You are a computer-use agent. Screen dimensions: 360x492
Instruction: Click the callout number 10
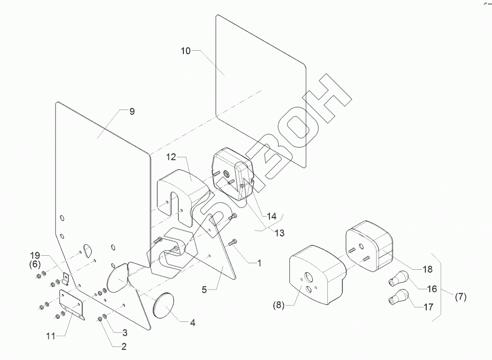coord(186,51)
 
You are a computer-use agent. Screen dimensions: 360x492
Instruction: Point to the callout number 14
coord(272,216)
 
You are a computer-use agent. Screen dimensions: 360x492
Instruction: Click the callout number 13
coord(279,233)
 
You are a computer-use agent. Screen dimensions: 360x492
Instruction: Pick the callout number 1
coord(259,263)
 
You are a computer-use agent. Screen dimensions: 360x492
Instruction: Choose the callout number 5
coord(204,290)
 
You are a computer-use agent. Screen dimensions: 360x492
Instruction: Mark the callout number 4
coord(192,322)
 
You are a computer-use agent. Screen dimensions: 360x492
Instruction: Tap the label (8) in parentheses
coord(278,305)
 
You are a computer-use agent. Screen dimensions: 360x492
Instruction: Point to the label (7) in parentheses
coord(461,297)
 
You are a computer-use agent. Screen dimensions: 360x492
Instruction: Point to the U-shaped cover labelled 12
coord(179,186)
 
